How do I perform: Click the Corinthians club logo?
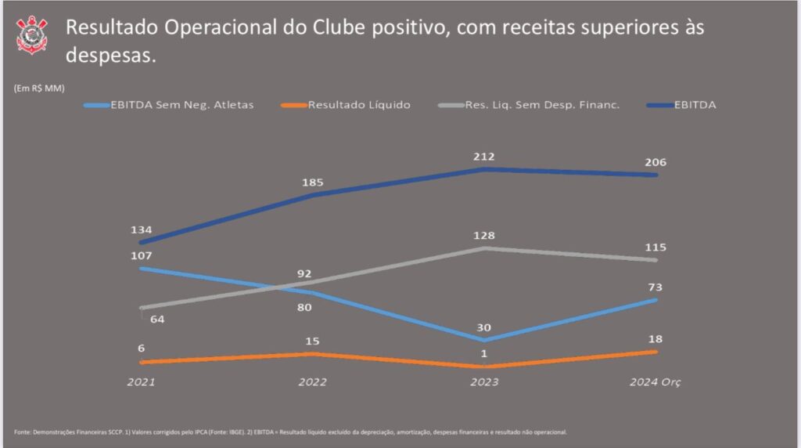point(32,34)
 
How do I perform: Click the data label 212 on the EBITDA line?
point(485,157)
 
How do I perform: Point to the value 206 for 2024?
point(656,162)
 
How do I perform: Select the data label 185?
point(313,182)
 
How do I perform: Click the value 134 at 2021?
point(142,230)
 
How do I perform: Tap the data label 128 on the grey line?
point(485,236)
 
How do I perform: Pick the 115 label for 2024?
point(656,247)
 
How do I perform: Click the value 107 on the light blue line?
point(142,255)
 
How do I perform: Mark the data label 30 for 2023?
point(485,327)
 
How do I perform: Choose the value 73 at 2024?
point(656,287)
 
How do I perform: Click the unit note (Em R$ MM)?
point(39,88)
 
